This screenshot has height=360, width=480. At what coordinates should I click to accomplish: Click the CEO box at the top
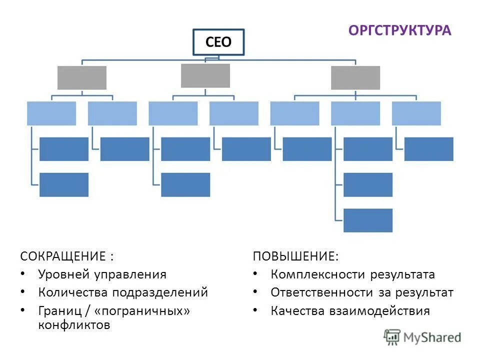pos(218,42)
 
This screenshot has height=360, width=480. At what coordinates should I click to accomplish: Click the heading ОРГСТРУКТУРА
pos(399,30)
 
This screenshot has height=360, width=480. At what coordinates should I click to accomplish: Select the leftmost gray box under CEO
pos(82,77)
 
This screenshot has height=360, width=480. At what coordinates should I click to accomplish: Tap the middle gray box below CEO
pos(205,75)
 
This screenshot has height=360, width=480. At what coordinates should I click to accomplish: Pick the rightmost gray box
pos(355,77)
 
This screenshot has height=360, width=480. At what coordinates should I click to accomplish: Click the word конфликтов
pos(73,325)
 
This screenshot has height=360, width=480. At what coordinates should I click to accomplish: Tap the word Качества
pos(297,311)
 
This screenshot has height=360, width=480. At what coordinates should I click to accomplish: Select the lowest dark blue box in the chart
pos(368,220)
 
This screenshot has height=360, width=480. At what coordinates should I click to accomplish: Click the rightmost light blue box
pos(416,113)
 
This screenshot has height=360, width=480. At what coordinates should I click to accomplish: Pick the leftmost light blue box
pos(51,113)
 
